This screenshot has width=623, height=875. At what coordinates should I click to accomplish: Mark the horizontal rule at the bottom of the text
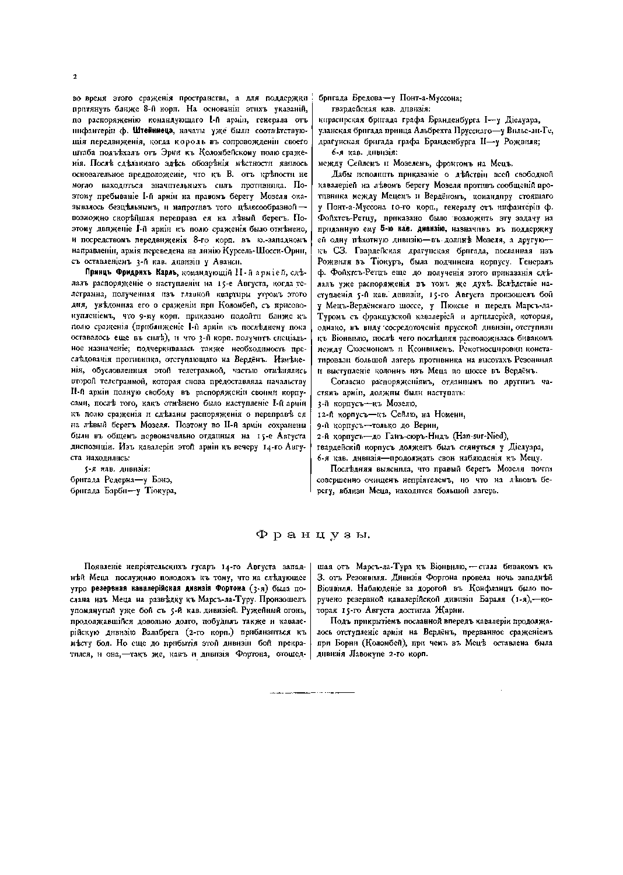point(311,693)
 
